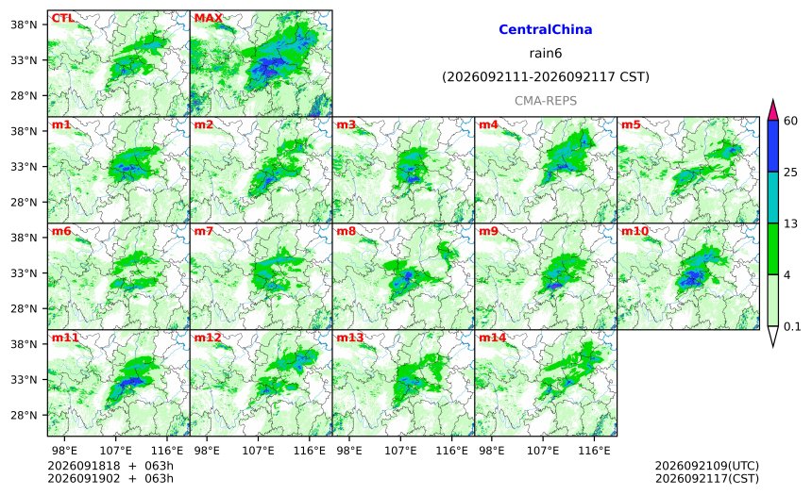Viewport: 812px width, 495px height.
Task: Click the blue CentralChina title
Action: pos(546,29)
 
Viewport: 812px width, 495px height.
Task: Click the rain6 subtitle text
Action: pos(546,54)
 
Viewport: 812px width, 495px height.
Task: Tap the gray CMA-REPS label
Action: pos(546,101)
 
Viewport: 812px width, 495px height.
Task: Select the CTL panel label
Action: pos(62,18)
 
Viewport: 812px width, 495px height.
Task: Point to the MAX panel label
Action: pos(208,18)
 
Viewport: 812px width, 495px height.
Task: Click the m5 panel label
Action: pos(631,124)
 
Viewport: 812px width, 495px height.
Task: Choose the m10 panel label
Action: pos(634,231)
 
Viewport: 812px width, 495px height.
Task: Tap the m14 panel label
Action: pos(492,338)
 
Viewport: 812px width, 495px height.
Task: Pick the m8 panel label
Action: pos(346,231)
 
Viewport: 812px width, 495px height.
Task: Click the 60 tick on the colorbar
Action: pos(790,121)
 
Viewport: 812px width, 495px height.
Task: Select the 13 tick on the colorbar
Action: pos(790,223)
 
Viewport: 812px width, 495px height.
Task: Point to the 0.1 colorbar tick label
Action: pos(792,326)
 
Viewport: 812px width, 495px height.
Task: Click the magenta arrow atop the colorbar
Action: pos(773,111)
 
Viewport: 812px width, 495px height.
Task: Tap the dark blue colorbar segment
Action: pos(773,146)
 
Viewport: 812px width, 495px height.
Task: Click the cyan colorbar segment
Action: pos(773,197)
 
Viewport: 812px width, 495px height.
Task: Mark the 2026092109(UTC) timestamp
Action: pos(707,466)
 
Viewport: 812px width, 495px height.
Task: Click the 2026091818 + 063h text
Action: pos(110,466)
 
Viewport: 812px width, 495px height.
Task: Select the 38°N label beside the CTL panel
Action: pos(24,25)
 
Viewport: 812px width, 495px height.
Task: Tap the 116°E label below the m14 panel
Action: pos(594,451)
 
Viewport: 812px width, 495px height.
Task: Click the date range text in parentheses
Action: pos(546,77)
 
